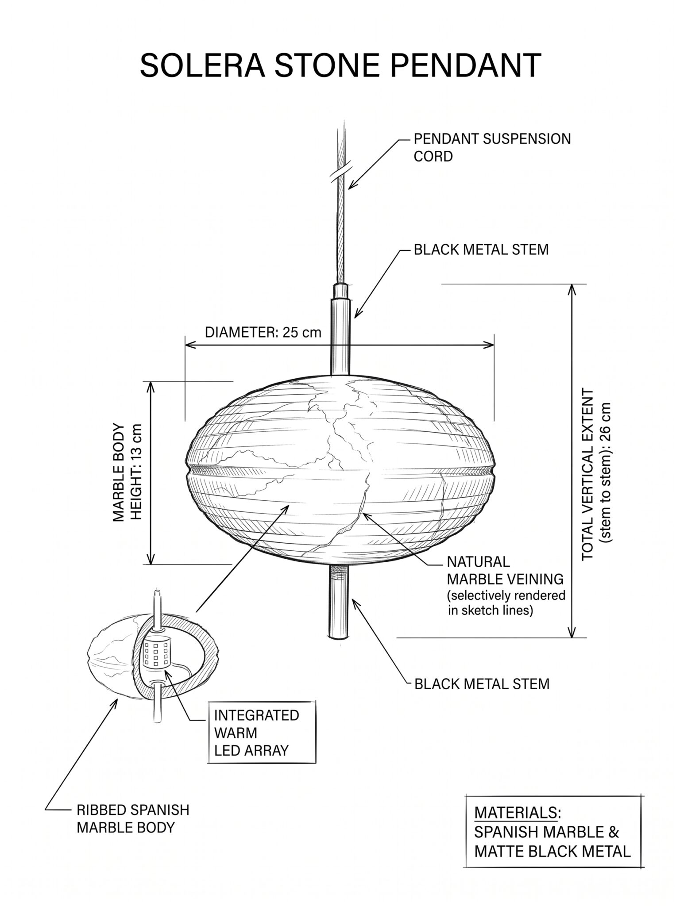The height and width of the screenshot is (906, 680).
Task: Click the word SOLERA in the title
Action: (x=203, y=65)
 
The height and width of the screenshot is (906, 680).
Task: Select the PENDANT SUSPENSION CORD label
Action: (x=492, y=148)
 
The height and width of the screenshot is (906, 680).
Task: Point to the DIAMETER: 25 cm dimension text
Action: (x=263, y=332)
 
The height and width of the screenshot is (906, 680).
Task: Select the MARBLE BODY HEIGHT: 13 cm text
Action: (x=128, y=472)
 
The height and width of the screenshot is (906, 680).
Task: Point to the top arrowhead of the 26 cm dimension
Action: (x=572, y=289)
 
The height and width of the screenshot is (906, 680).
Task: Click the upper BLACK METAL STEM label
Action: (x=481, y=250)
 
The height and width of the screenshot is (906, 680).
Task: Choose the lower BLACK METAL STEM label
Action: (x=482, y=684)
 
